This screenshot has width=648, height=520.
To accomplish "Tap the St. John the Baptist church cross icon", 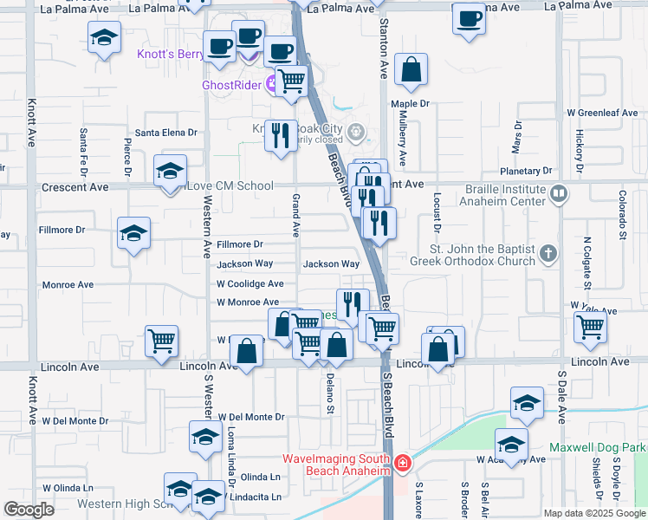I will pyautogui.click(x=548, y=254).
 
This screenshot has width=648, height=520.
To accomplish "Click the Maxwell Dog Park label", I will pyautogui.click(x=598, y=448).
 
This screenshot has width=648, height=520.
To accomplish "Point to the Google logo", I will pyautogui.click(x=29, y=510).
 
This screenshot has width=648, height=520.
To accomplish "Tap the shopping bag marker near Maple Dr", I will pyautogui.click(x=411, y=71).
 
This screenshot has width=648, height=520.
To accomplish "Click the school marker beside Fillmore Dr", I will pyautogui.click(x=134, y=233).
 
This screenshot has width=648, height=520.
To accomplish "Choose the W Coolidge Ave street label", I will pyautogui.click(x=250, y=283).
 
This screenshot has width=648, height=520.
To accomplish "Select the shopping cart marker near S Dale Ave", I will pyautogui.click(x=590, y=327).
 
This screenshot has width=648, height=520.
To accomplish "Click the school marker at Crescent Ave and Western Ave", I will pyautogui.click(x=170, y=170).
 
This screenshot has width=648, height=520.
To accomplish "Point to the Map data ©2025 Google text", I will pyautogui.click(x=593, y=513).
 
